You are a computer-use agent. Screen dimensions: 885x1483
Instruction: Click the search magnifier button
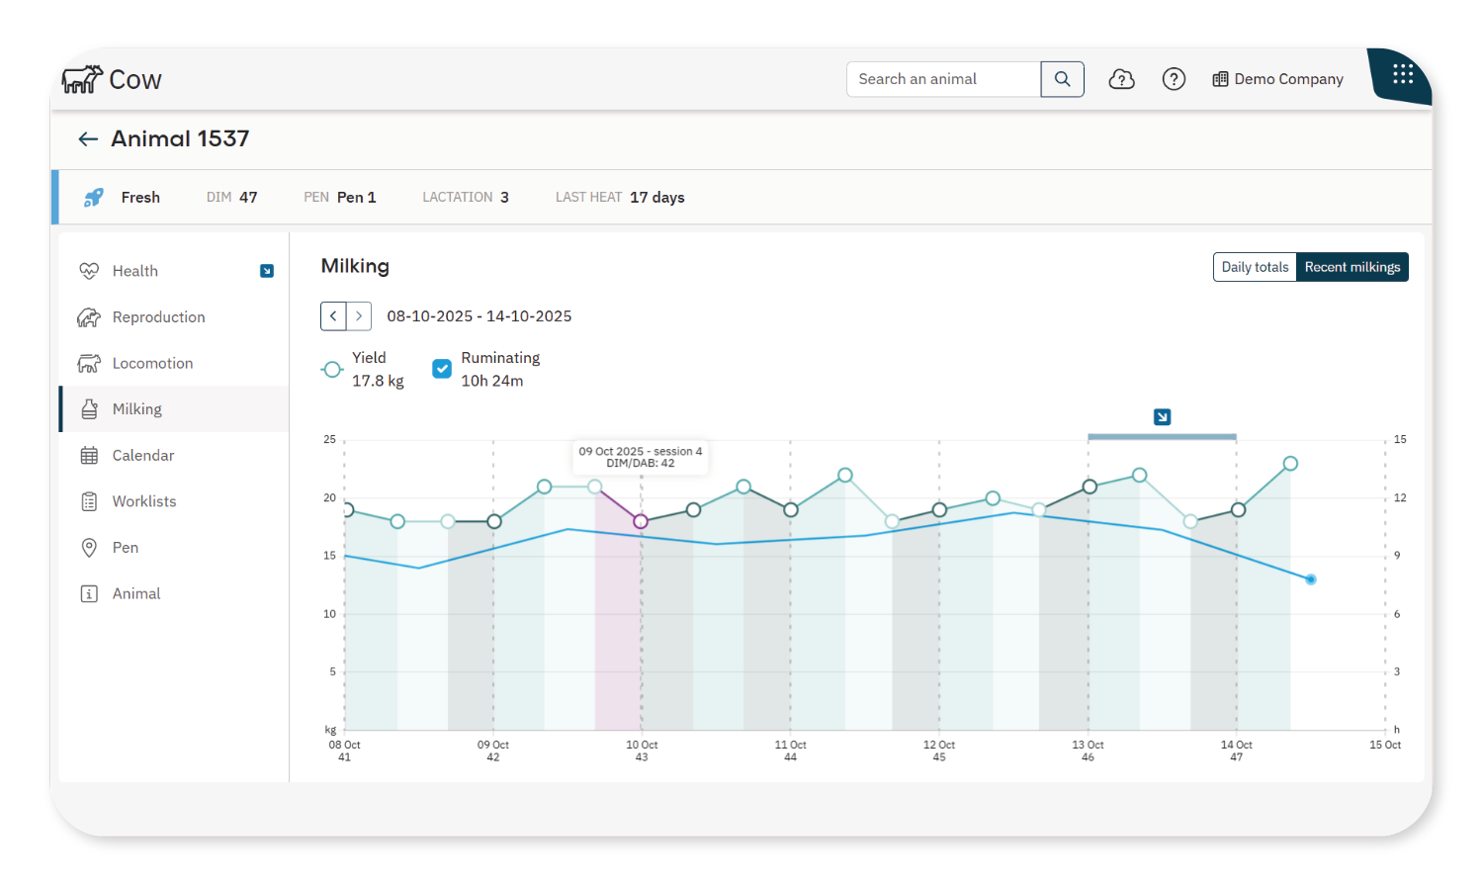pos(1062,79)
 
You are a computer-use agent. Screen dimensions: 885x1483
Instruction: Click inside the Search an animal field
pos(943,79)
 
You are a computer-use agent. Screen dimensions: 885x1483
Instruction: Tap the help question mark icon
pos(1174,79)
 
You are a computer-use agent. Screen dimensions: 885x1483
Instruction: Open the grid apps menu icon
pos(1403,74)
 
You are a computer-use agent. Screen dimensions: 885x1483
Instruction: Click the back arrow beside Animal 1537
pos(88,139)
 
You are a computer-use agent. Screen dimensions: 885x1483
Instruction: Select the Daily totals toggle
pos(1255,267)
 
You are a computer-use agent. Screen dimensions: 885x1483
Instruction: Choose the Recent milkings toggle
pos(1352,267)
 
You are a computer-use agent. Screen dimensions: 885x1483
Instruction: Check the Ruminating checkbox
pos(442,369)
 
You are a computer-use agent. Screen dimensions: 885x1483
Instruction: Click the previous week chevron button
pos(333,316)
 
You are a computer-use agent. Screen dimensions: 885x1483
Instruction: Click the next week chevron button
pos(359,316)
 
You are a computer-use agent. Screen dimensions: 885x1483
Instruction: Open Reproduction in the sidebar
pos(158,317)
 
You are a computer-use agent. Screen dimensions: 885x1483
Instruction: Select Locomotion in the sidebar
pos(152,363)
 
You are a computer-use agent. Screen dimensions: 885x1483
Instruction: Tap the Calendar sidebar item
pos(142,455)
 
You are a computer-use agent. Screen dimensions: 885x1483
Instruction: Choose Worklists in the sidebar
pos(144,501)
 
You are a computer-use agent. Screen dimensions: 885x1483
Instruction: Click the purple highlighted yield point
pos(641,521)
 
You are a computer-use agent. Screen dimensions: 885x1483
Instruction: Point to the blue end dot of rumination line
pos(1311,579)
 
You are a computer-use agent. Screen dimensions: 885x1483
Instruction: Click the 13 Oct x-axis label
pos(1088,751)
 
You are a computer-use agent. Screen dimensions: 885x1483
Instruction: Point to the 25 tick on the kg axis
pos(329,439)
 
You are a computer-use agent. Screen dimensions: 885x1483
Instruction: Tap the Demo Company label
pos(1287,79)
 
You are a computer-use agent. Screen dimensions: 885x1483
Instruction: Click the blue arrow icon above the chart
pos(1162,417)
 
